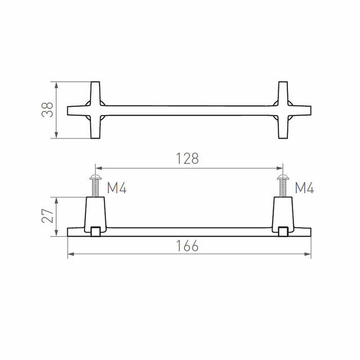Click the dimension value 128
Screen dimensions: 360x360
pos(188,158)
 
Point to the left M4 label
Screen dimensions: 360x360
pos(117,188)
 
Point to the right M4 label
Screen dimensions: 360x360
pos(304,188)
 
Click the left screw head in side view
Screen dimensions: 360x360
pos(95,177)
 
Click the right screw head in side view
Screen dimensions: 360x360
pos(282,177)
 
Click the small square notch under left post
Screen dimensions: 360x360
pos(95,232)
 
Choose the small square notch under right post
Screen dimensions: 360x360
pos(282,232)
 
